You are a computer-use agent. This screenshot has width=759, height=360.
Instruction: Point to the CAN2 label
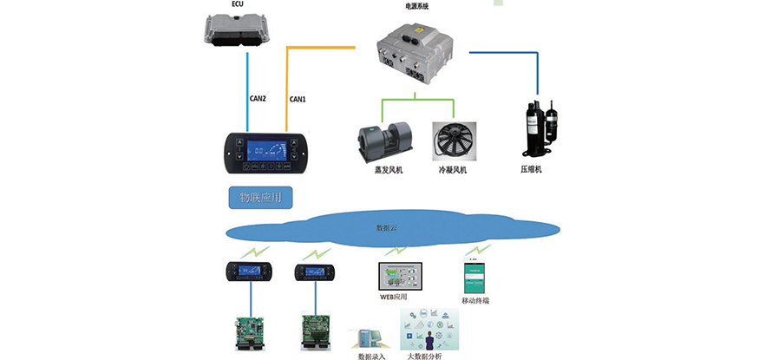pos(258,99)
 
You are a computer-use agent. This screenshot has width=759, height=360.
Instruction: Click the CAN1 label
pos(298,99)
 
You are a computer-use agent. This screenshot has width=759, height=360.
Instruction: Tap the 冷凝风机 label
pos(453,170)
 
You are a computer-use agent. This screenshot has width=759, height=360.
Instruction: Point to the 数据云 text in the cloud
pos(387,227)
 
